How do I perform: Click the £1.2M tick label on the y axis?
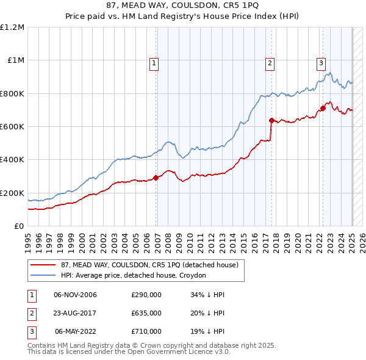(12, 27)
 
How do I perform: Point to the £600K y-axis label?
(12, 127)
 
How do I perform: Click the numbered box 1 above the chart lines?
(154, 62)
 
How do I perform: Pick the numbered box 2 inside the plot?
(269, 62)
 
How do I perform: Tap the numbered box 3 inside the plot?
(321, 62)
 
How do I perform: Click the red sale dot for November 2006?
(156, 178)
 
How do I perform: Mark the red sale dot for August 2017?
(271, 120)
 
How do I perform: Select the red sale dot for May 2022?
(323, 109)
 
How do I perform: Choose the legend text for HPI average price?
(134, 276)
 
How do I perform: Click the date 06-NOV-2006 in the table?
(76, 295)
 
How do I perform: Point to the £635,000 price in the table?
(146, 313)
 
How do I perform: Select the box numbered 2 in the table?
(30, 313)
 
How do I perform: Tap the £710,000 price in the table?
(146, 331)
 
